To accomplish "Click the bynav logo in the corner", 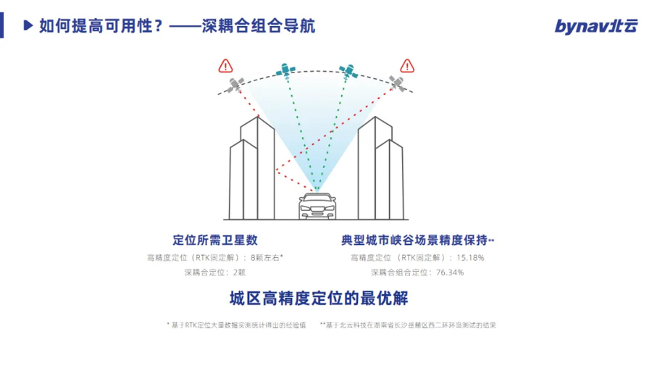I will tap(596, 26).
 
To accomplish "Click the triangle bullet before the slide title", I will tap(28, 26).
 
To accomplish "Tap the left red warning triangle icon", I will tap(225, 67).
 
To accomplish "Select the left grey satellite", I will tap(235, 86).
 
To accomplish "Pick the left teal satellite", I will tap(285, 70).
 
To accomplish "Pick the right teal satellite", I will tap(349, 70).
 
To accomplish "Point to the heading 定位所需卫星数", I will tap(215, 240).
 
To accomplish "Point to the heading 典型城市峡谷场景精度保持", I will tap(416, 240).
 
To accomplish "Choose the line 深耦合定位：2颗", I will tap(215, 273).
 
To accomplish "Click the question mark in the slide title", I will tap(158, 26).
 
